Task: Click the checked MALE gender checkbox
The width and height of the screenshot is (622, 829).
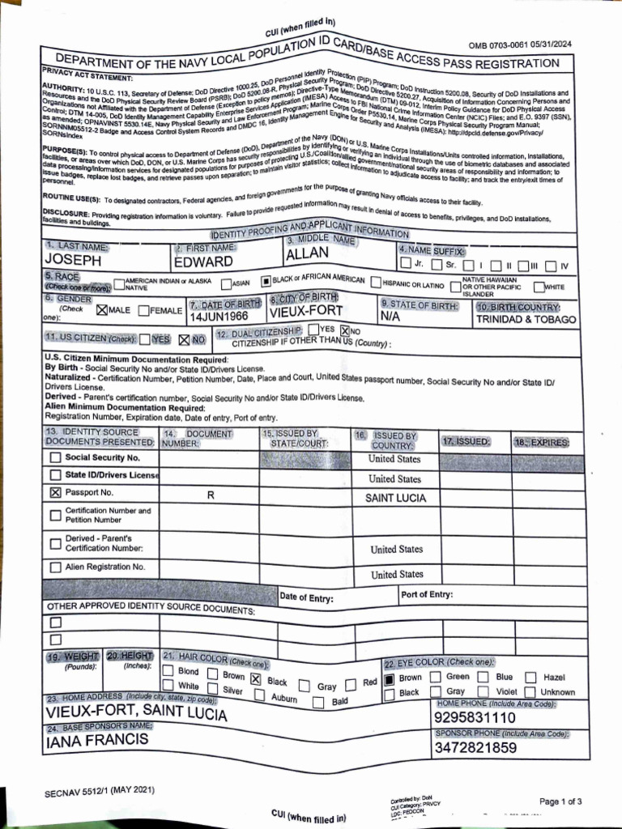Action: pyautogui.click(x=101, y=310)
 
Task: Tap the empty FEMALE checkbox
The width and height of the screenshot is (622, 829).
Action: pyautogui.click(x=143, y=310)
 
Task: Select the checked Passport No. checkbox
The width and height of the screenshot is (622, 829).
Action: pyautogui.click(x=55, y=492)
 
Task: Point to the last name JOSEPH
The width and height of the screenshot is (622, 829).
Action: pyautogui.click(x=72, y=261)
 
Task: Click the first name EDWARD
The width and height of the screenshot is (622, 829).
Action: pyautogui.click(x=203, y=261)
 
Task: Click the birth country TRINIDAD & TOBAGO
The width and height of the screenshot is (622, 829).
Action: pyautogui.click(x=526, y=319)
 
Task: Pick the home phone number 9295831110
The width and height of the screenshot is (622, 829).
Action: pyautogui.click(x=475, y=718)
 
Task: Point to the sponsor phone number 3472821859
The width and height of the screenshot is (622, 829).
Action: pyautogui.click(x=475, y=748)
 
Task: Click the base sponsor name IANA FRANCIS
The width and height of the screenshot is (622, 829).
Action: pyautogui.click(x=97, y=740)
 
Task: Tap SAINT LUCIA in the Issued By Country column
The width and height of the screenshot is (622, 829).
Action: pyautogui.click(x=394, y=498)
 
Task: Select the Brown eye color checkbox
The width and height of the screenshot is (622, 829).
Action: pyautogui.click(x=389, y=678)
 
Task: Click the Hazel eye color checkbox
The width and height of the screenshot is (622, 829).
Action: pyautogui.click(x=530, y=678)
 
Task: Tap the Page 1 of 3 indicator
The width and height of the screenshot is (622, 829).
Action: pyautogui.click(x=560, y=801)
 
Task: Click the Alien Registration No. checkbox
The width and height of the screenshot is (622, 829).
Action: pyautogui.click(x=55, y=568)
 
